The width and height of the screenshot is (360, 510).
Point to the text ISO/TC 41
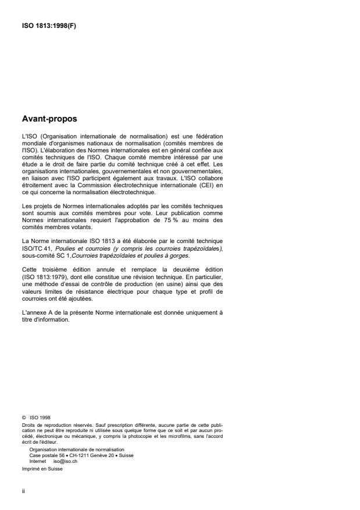[35, 248]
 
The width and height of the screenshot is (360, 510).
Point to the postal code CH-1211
[72, 455]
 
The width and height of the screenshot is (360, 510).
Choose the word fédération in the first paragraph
[206, 137]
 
